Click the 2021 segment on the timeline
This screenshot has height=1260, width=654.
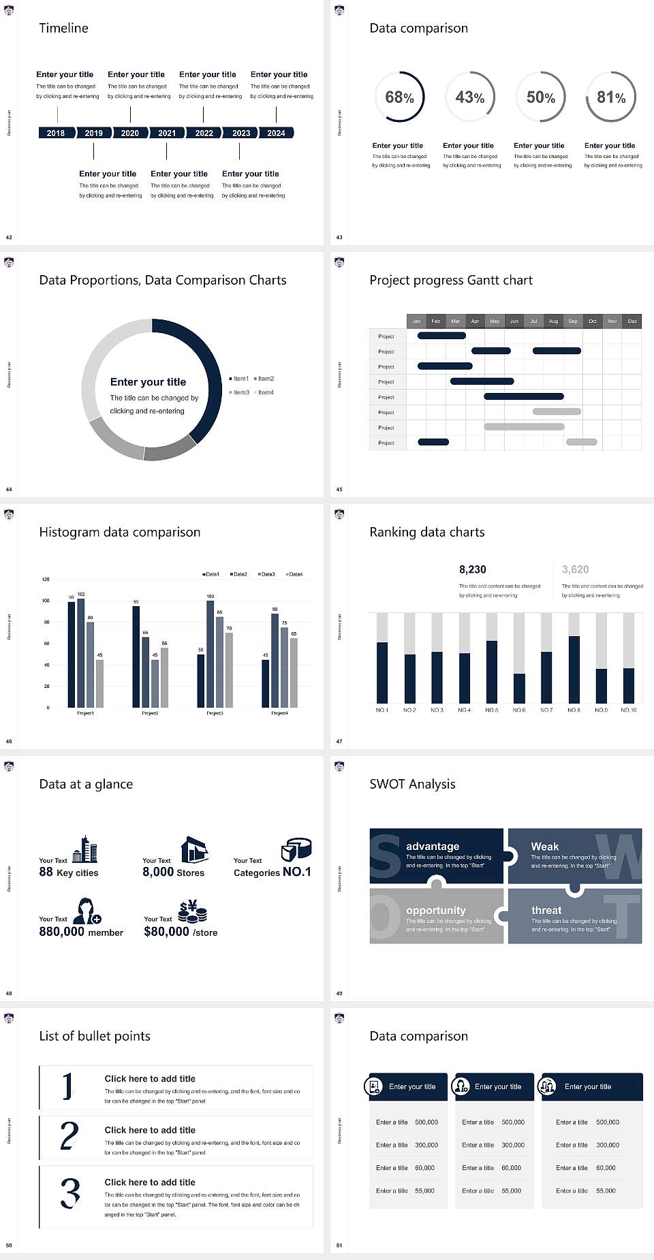167,133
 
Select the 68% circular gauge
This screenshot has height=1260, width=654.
399,97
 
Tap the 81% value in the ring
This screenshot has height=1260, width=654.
611,97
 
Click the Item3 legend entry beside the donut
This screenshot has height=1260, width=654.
240,392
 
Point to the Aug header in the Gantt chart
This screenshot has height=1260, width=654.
553,321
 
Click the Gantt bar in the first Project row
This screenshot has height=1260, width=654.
441,336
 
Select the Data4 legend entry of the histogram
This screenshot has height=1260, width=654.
294,574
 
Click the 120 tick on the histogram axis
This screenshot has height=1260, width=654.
46,580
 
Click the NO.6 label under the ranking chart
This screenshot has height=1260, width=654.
519,710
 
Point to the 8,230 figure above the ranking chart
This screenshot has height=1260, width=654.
473,569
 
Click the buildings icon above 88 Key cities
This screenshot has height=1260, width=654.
85,850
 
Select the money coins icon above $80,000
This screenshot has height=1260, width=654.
192,911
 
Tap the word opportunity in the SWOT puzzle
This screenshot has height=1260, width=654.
436,911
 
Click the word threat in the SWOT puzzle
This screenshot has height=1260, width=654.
546,911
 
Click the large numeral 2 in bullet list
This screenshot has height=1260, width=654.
69,1136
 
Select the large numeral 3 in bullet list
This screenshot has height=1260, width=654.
70,1193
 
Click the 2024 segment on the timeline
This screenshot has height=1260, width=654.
276,133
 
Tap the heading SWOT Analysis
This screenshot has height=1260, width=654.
412,784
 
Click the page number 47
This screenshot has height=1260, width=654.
339,741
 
